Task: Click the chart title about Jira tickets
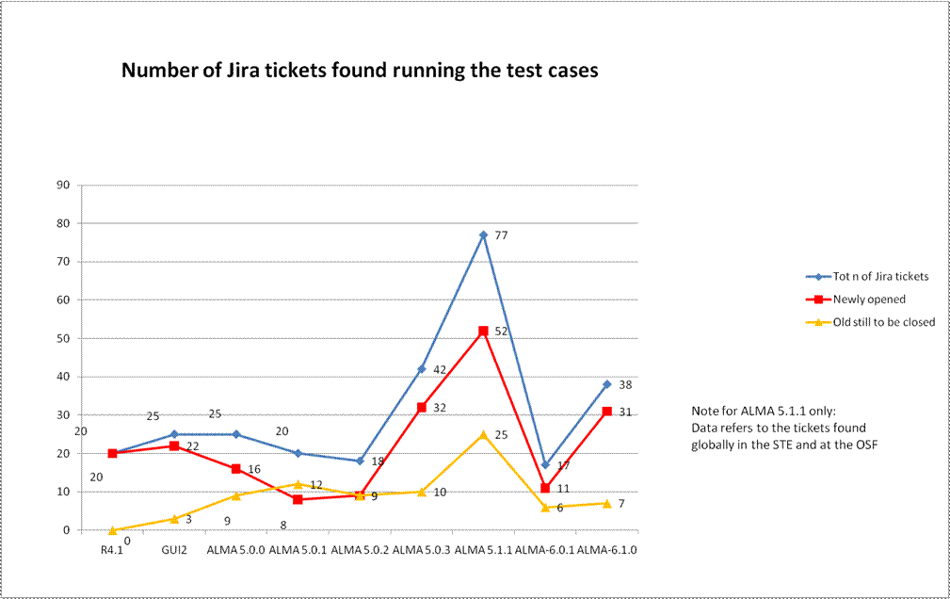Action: point(360,71)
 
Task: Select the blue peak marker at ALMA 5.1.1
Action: point(483,235)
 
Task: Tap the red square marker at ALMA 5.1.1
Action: point(483,331)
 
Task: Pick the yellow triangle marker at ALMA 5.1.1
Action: point(483,434)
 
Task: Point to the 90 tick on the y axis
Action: point(65,185)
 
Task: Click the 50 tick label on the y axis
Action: point(65,338)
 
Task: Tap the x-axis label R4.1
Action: point(112,549)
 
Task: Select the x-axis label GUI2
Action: point(174,549)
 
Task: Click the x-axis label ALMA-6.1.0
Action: point(607,549)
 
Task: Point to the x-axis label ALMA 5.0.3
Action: point(422,549)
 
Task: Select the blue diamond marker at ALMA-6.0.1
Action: point(545,464)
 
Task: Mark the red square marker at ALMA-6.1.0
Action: point(607,411)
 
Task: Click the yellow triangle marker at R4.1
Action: point(112,529)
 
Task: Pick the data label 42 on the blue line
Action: point(440,369)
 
